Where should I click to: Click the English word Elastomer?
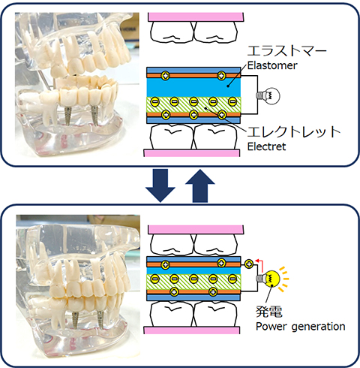coord(272,65)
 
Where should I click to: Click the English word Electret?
coord(266,146)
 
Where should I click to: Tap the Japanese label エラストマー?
coord(287,51)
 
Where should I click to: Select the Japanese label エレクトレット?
coord(294,131)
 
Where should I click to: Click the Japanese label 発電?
coord(269,312)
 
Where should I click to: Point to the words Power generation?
coord(301,327)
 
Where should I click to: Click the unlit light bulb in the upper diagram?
coord(268,96)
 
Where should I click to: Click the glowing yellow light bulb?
coord(269,279)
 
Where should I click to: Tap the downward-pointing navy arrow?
coord(160,186)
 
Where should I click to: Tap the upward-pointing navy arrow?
coord(200,186)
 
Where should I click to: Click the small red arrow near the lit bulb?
coord(260,265)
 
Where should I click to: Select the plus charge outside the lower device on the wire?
coord(248,264)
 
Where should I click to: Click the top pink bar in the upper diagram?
coord(196,17)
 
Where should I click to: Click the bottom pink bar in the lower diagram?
coord(192,330)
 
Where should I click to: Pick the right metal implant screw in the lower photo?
coord(100,320)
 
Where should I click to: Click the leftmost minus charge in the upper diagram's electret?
coord(154,101)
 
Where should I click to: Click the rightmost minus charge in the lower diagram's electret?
coord(232,279)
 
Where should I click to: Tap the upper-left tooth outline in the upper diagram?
coord(172,32)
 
